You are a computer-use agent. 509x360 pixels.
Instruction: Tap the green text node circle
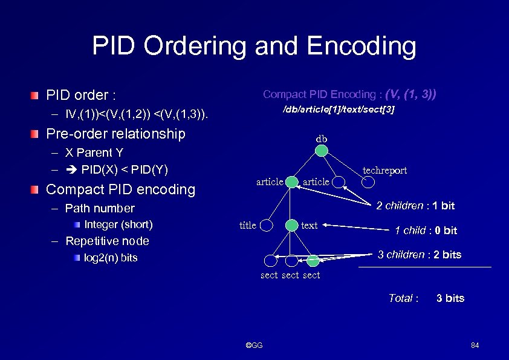pos(293,225)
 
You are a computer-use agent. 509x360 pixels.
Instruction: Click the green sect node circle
pos(313,261)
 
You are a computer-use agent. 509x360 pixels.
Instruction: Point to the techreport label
pos(384,171)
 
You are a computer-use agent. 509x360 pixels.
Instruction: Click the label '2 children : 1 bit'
pos(415,206)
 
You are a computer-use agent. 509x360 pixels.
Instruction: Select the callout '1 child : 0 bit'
pos(426,231)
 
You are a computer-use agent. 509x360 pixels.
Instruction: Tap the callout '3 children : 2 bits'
pos(419,255)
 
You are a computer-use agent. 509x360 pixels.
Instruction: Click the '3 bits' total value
pos(450,298)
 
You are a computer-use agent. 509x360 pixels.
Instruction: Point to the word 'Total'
pos(401,298)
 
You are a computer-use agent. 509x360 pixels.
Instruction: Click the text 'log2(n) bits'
pos(111,258)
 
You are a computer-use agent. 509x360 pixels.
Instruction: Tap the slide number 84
pos(475,345)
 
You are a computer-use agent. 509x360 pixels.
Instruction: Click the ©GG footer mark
pos(254,345)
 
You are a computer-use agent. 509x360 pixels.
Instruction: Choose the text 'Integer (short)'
pos(118,224)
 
